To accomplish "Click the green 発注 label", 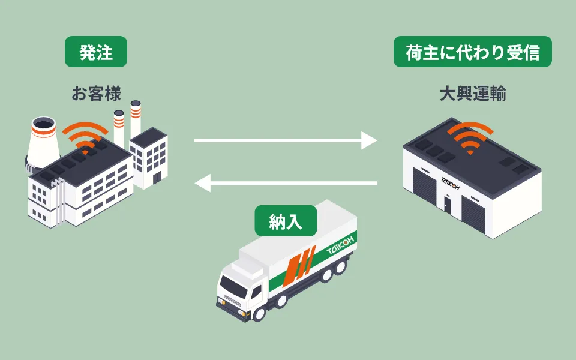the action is pos(96,52).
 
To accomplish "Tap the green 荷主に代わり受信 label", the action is pos(472,52).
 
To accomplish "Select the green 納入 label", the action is pos(286,221).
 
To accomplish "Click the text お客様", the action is pos(96,94).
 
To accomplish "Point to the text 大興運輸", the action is pos(473,94).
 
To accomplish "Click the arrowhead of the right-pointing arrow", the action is pos(369,140).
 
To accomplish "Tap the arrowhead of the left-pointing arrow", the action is pos(203,183).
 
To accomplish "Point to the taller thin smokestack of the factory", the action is pos(136,119).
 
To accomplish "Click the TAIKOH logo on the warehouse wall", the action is pos(450,184).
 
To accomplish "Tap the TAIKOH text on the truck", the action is pos(341,245).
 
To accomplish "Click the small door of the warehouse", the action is pos(447,205).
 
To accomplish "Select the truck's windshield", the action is pos(233,286).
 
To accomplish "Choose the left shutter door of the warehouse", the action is pos(425,187).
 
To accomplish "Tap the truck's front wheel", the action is pos(259,313).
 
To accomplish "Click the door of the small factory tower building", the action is pos(157,178).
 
